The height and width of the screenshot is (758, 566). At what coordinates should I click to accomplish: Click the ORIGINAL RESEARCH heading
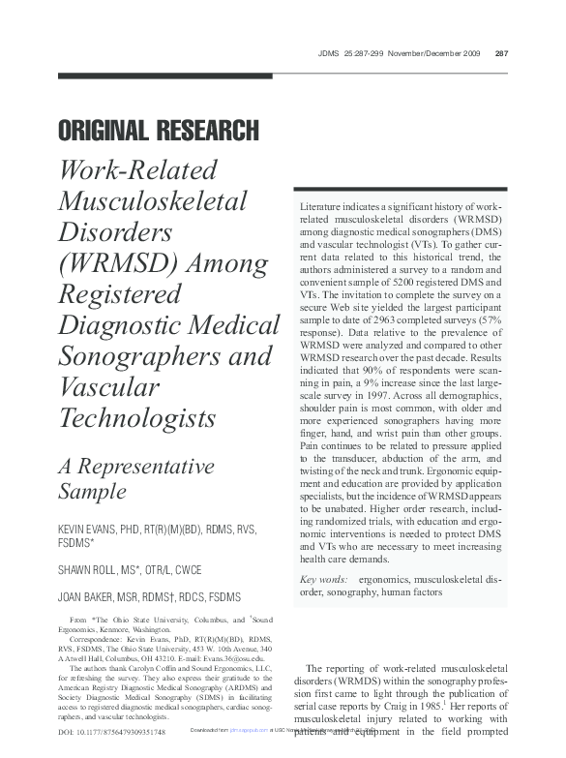coord(159,130)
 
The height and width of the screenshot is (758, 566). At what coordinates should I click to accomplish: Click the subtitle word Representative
coord(147,465)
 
